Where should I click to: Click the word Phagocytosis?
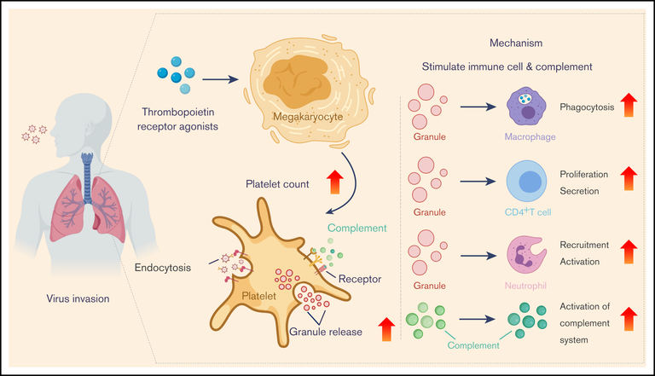(x=588, y=107)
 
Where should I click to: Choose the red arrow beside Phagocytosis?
(x=629, y=106)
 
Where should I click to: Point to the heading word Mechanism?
(x=516, y=42)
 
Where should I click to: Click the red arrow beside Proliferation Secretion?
(x=629, y=179)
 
